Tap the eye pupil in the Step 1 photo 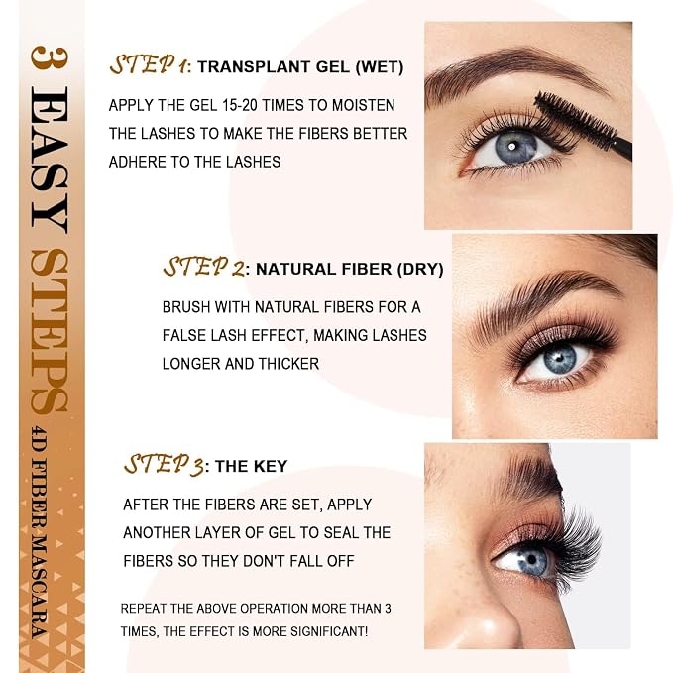511,147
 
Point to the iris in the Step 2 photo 560,359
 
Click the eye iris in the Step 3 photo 532,561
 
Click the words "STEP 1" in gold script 149,64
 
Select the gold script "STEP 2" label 204,267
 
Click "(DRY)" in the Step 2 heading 420,270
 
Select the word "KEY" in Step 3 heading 270,466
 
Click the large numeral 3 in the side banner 50,57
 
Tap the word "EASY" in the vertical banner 50,160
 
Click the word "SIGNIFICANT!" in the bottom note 329,631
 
